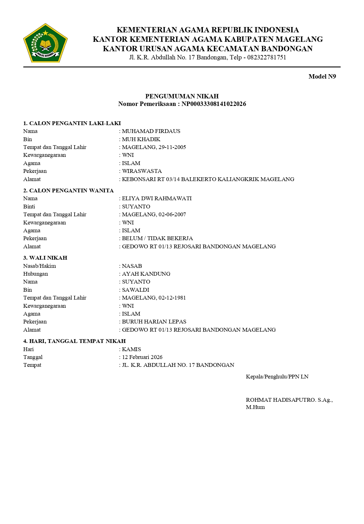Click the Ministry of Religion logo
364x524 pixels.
click(45, 43)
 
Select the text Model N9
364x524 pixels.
click(322, 76)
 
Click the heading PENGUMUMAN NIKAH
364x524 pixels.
click(182, 96)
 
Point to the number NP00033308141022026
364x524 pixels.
click(214, 104)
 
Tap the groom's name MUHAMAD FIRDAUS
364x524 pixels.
click(151, 131)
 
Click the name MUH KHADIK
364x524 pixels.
click(141, 139)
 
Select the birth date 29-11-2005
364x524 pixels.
click(172, 147)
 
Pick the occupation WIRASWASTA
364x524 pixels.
click(142, 171)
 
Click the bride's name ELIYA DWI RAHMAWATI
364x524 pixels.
click(157, 198)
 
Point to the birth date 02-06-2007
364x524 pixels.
click(172, 214)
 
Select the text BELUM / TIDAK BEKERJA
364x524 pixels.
click(157, 238)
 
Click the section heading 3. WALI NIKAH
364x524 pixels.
click(45, 258)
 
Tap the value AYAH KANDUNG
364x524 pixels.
click(146, 274)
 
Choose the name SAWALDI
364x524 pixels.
click(136, 290)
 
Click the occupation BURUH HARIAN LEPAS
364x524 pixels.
click(154, 322)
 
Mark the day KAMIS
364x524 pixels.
click(132, 349)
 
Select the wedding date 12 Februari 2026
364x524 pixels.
click(142, 357)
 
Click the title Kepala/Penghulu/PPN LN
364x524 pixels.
click(277, 377)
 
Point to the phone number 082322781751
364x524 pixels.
click(266, 57)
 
